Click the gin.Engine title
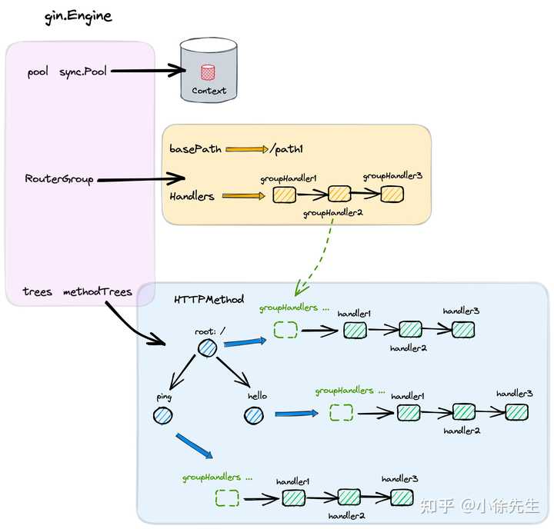click(x=78, y=16)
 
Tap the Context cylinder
click(x=209, y=72)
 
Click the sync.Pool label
click(x=83, y=72)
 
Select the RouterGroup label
click(x=59, y=179)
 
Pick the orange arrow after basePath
click(x=244, y=149)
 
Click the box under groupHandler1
click(x=284, y=195)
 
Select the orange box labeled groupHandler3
click(x=392, y=194)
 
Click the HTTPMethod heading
click(x=209, y=299)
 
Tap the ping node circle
click(x=162, y=416)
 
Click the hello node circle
click(x=254, y=416)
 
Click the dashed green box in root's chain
click(x=285, y=330)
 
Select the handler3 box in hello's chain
click(x=516, y=411)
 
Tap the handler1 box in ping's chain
click(x=293, y=498)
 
